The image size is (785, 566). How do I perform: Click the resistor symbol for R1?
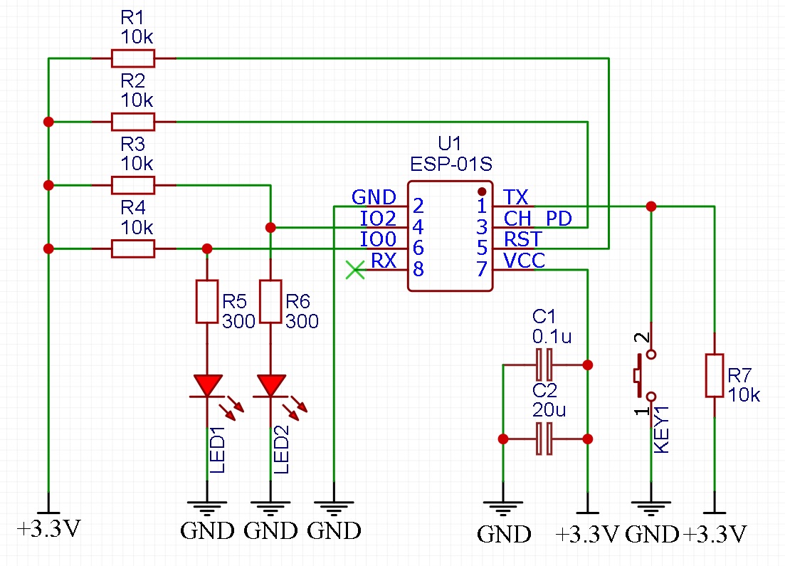tap(133, 58)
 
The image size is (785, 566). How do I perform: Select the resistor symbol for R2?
tap(133, 122)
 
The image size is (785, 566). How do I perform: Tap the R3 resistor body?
tap(133, 185)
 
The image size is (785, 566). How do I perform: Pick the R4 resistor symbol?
tap(133, 248)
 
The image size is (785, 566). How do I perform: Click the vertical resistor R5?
tap(206, 301)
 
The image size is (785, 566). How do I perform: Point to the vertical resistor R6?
tap(270, 301)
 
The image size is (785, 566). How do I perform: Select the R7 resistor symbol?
tap(714, 375)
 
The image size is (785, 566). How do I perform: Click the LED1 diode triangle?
tap(207, 386)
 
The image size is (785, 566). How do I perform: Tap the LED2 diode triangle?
tap(270, 386)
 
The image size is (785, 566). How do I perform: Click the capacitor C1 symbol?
tap(544, 365)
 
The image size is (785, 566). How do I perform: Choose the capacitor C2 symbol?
tap(544, 439)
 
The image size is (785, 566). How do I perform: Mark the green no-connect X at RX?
tap(355, 270)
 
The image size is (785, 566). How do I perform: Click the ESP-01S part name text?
tap(451, 164)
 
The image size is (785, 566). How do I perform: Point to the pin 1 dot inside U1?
tap(482, 192)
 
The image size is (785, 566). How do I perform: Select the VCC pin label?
tap(524, 261)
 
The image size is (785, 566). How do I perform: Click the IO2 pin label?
tap(378, 218)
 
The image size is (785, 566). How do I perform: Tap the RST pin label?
tap(522, 239)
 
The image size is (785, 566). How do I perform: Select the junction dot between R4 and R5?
tap(207, 248)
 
